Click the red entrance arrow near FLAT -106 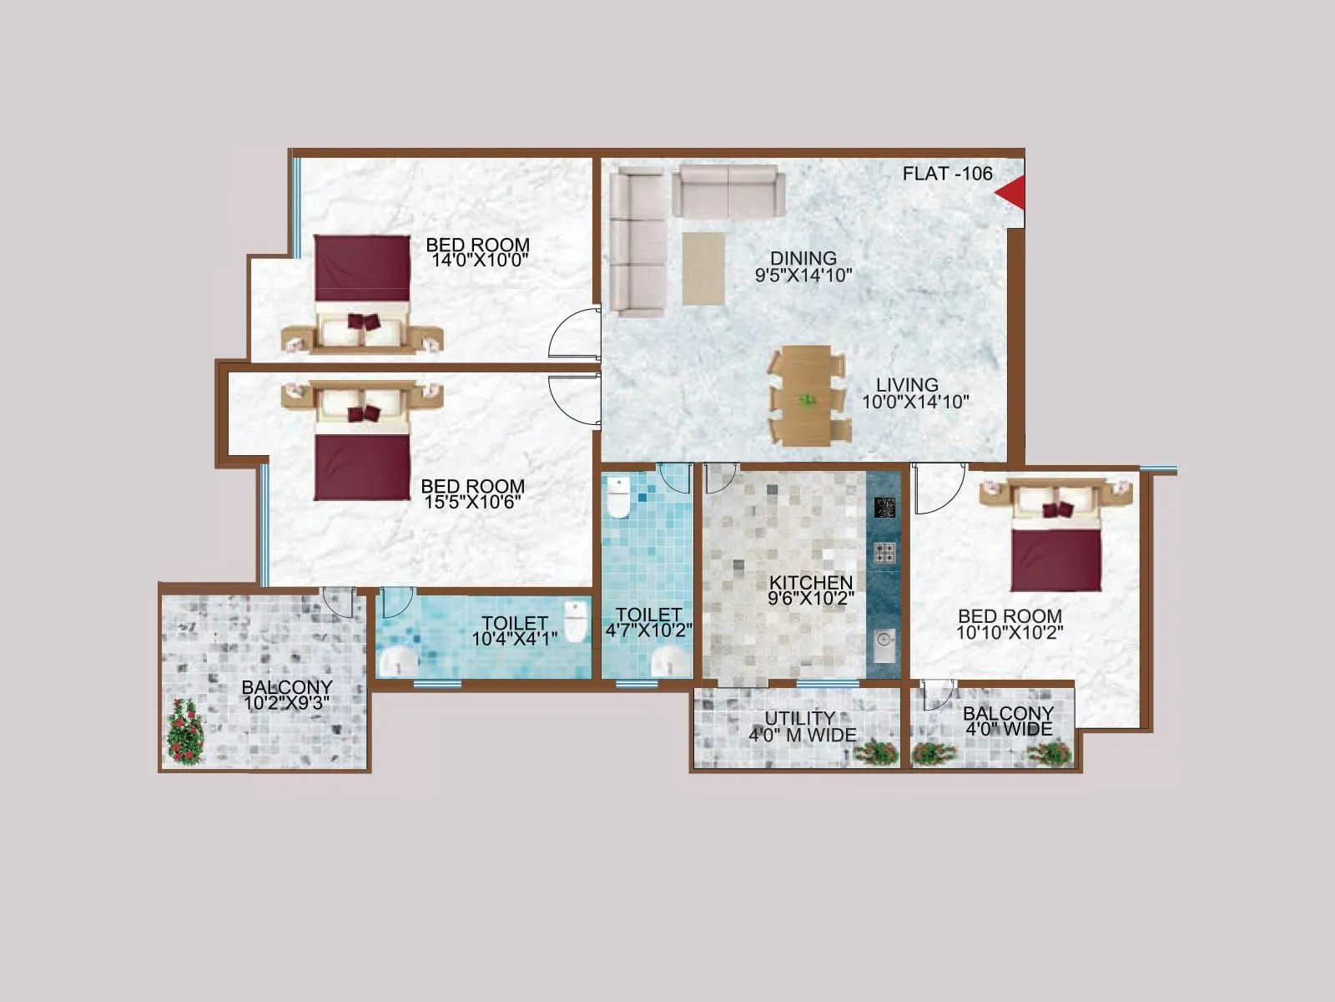coord(1012,194)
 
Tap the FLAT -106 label coord(947,174)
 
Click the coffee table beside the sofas coord(703,267)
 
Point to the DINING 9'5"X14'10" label coord(804,267)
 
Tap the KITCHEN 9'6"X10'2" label coord(811,590)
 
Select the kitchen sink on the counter coord(884,645)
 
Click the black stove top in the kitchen coord(884,507)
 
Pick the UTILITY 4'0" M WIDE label coord(802,727)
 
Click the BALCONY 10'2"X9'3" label coord(286,696)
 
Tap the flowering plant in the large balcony coord(185,731)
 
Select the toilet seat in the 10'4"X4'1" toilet coord(576,621)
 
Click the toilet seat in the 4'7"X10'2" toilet coord(618,498)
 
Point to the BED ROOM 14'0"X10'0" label coord(478,252)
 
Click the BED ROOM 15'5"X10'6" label coord(473,493)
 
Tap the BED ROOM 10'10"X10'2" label coord(1010,625)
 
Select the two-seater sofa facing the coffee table coord(728,191)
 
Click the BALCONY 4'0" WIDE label coord(1008,721)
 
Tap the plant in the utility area coord(876,751)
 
